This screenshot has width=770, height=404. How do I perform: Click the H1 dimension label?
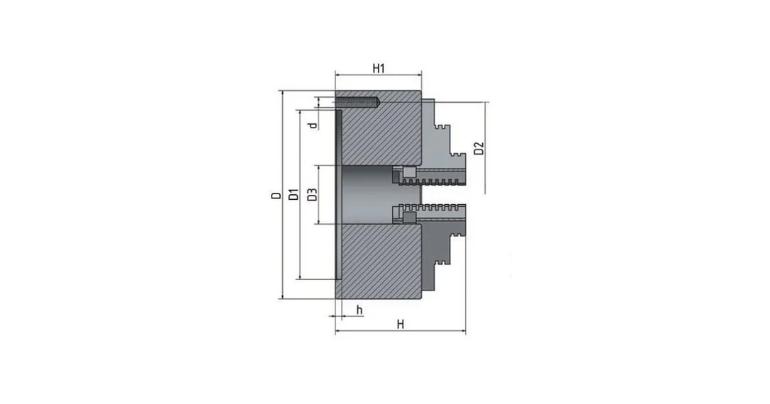[x=378, y=68]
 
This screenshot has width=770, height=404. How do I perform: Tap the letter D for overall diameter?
[x=277, y=196]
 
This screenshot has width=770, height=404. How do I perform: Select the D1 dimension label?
[x=294, y=194]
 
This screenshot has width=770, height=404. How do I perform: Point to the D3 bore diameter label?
[x=312, y=194]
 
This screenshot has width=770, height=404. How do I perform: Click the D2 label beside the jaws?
[x=479, y=148]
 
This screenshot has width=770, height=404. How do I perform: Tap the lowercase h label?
[x=359, y=310]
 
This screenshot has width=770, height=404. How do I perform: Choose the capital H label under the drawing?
[x=400, y=325]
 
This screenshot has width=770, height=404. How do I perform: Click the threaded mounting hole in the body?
[x=358, y=102]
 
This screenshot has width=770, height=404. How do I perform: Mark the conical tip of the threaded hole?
[x=378, y=102]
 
